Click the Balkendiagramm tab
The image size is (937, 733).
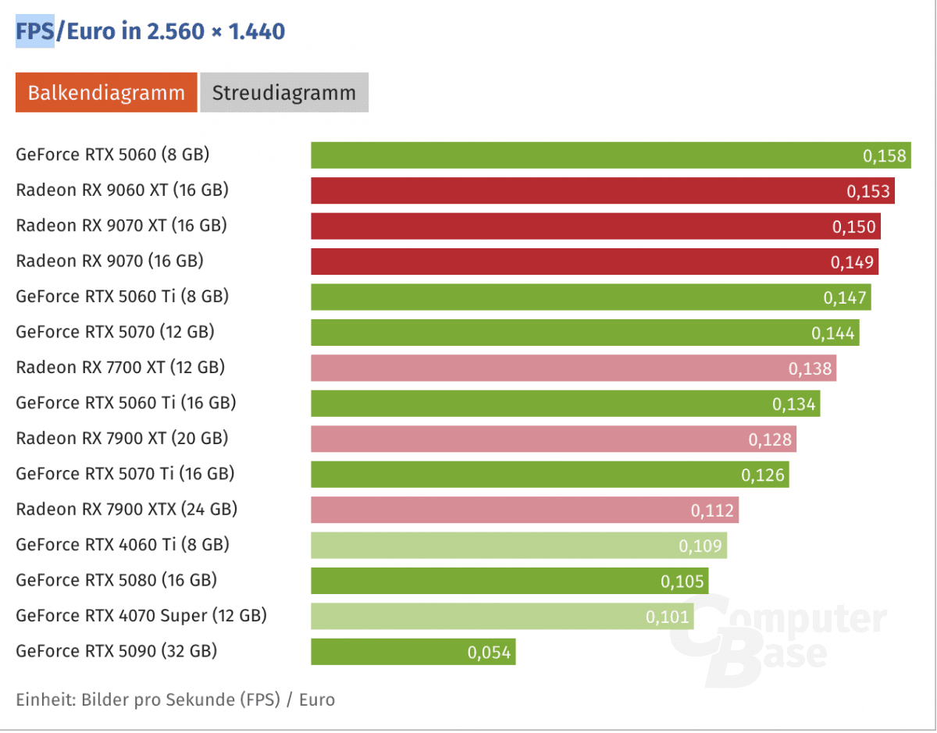(x=106, y=93)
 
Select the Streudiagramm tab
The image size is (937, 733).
(x=284, y=93)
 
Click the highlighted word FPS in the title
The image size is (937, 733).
(x=35, y=32)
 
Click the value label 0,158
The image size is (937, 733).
(x=885, y=156)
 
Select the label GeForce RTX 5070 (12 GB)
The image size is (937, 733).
(x=115, y=332)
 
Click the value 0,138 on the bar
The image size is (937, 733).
(x=811, y=368)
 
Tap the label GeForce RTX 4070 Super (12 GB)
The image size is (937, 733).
(x=141, y=616)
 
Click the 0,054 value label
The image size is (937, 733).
(x=490, y=653)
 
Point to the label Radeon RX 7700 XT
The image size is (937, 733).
(x=120, y=367)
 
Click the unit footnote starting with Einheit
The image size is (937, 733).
(x=175, y=699)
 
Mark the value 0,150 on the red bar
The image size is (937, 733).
(x=853, y=227)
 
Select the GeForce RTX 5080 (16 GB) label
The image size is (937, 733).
(x=116, y=580)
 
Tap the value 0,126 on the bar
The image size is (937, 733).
(x=763, y=475)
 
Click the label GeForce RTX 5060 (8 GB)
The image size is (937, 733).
(x=112, y=155)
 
